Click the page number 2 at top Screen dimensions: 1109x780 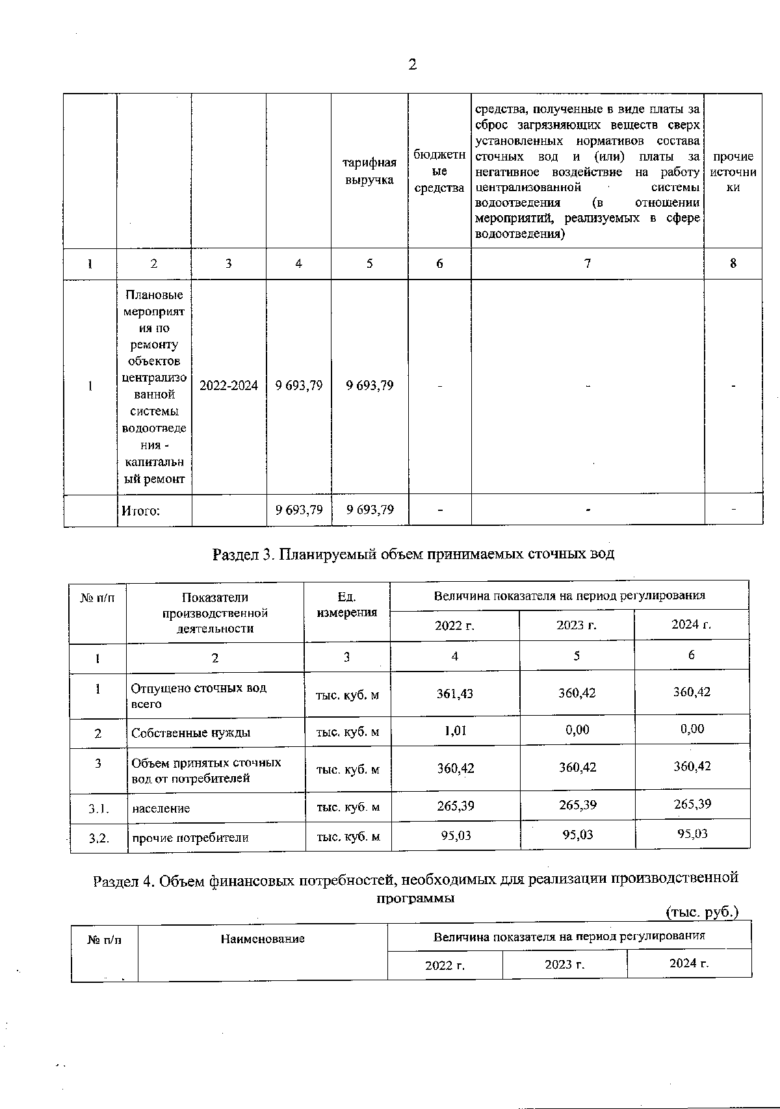point(411,64)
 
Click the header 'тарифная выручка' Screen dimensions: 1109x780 point(370,172)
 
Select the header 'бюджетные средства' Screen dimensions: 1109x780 point(439,172)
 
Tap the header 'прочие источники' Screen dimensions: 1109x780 point(733,172)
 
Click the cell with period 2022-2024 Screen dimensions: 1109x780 point(228,385)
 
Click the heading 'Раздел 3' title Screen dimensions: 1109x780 point(413,554)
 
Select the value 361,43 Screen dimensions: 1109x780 point(455,694)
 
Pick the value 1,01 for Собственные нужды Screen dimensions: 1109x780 point(455,730)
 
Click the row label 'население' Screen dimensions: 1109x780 point(161,809)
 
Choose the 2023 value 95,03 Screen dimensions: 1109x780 point(577,835)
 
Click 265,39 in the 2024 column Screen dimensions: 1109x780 point(692,804)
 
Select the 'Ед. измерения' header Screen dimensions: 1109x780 point(347,605)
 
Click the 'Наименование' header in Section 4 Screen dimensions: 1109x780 point(263,939)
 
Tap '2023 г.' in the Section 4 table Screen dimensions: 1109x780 point(564,964)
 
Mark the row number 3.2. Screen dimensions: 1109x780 point(98,838)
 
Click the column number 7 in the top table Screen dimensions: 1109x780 point(587,263)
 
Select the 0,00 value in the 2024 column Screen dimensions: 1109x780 point(692,729)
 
